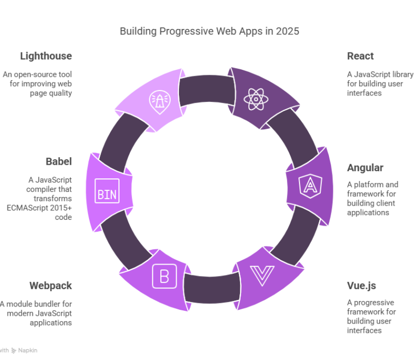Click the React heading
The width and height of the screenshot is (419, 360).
tap(360, 56)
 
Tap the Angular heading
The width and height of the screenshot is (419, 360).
tap(365, 167)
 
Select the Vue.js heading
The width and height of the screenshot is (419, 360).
tap(361, 286)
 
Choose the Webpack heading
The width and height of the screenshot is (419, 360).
tap(50, 286)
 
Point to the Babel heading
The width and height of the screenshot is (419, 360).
tap(58, 161)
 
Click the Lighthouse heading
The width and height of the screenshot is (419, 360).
tap(46, 56)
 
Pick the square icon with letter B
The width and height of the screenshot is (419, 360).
tap(164, 277)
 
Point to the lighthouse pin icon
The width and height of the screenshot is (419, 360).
tap(158, 100)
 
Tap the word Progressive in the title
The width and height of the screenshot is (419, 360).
tap(185, 31)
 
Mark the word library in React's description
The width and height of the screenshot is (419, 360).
tap(400, 74)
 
